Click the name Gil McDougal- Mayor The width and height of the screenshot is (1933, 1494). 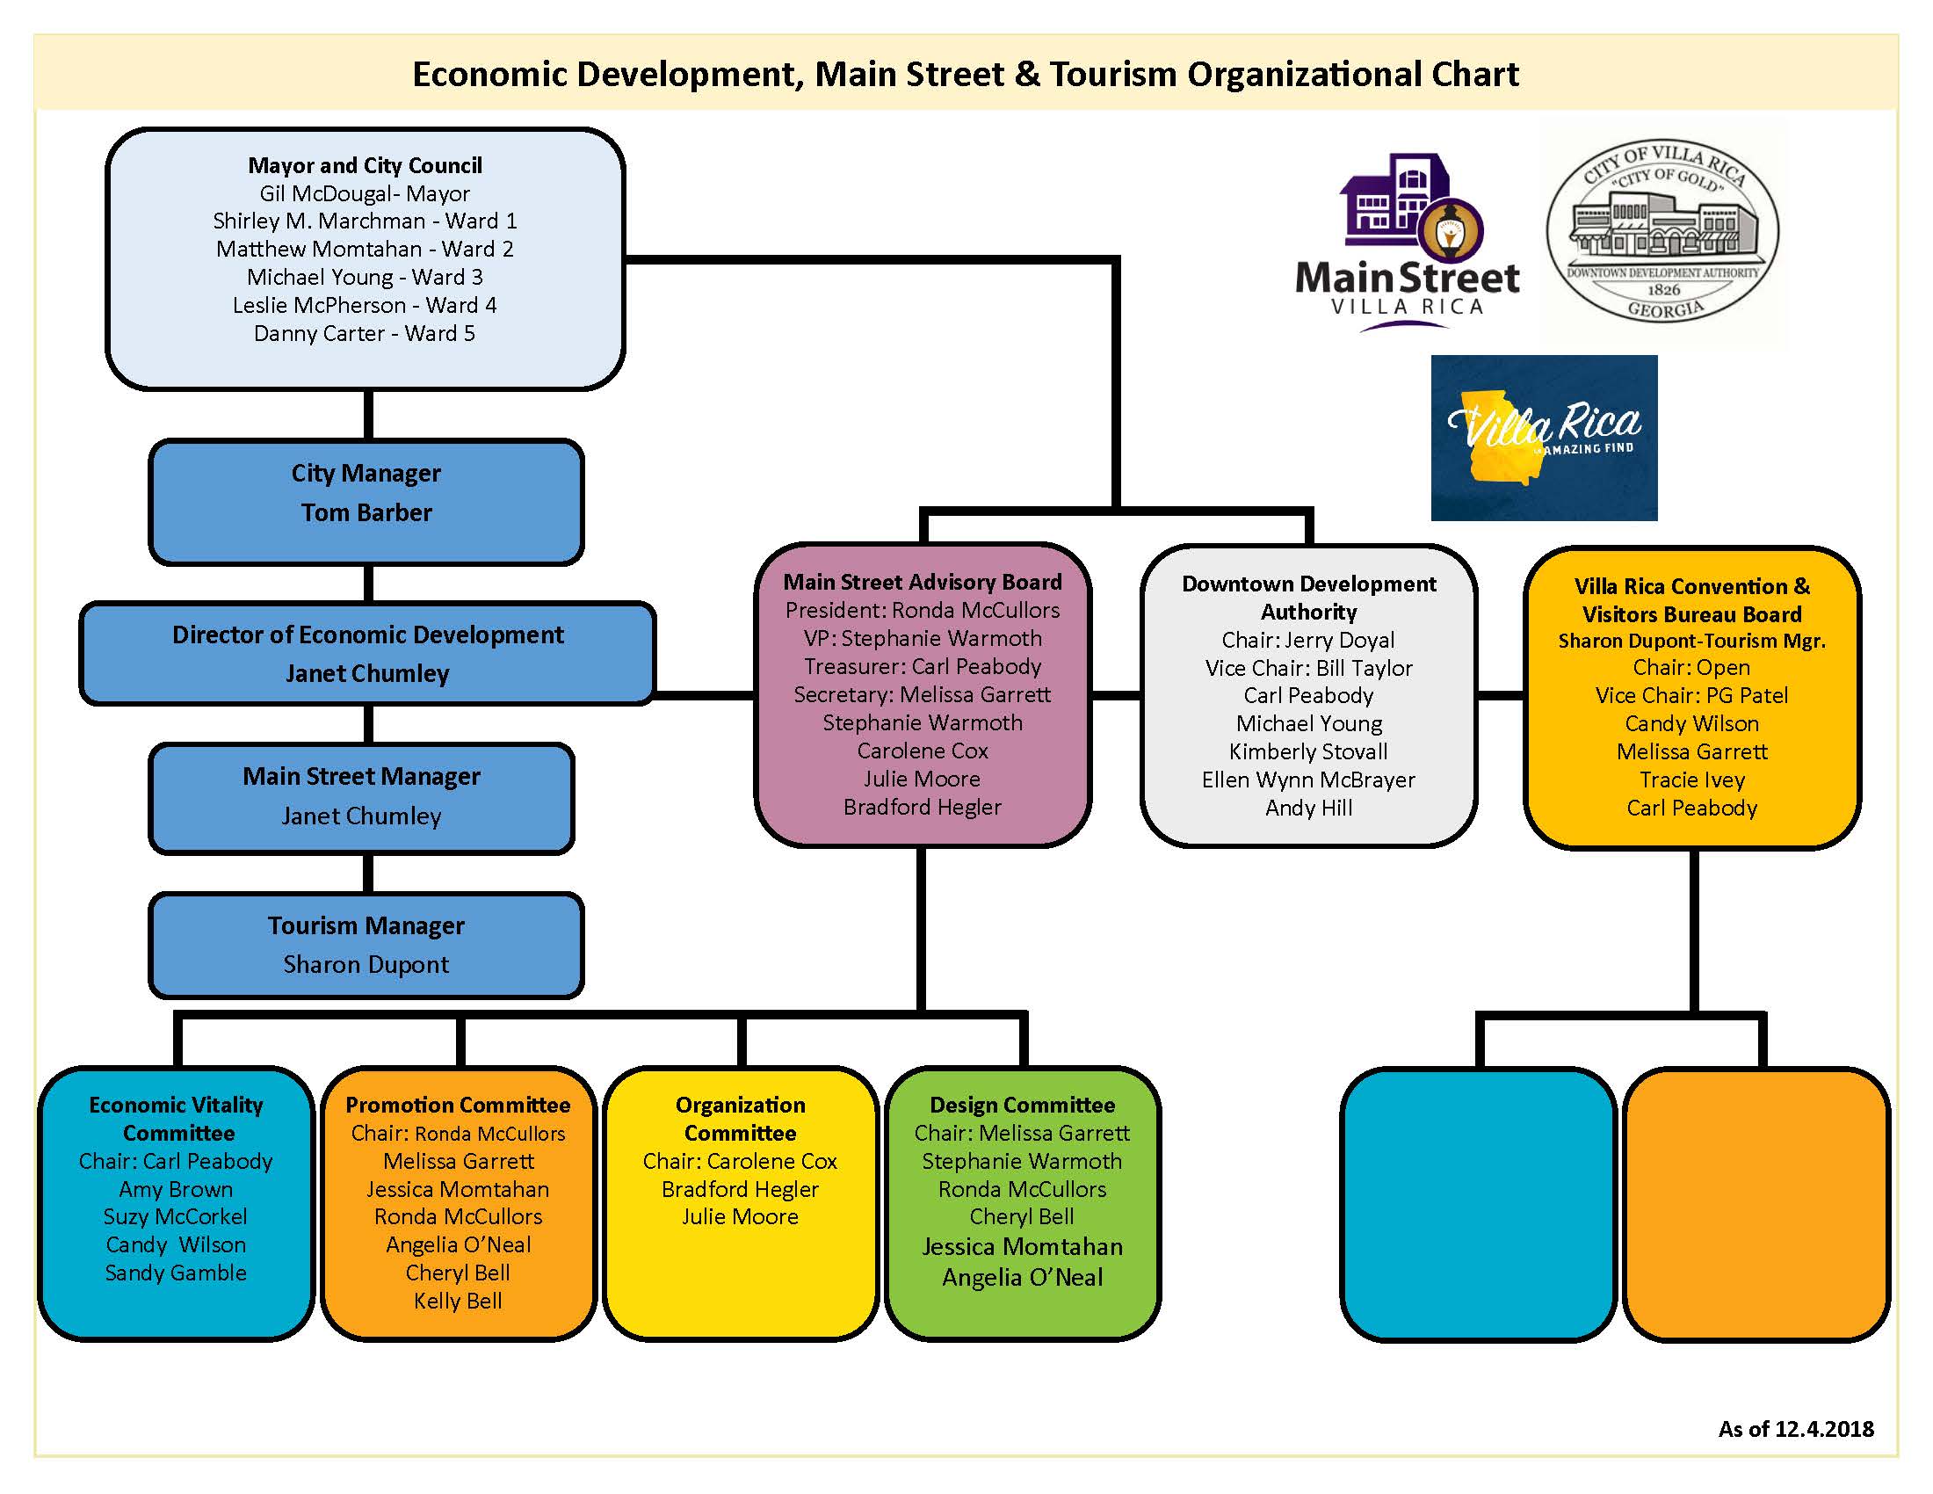(365, 193)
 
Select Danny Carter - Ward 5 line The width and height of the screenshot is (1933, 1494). (365, 334)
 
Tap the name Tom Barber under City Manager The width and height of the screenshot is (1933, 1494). (366, 512)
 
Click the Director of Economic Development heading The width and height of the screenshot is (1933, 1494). (367, 635)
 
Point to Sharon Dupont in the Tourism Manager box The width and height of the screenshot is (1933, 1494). (366, 965)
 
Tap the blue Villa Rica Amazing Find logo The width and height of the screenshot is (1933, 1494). (1544, 439)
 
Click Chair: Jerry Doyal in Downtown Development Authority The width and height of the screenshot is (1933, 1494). (1308, 640)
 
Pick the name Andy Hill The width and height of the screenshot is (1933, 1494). (1308, 808)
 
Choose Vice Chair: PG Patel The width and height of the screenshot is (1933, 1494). (1691, 696)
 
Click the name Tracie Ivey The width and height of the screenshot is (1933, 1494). (1691, 780)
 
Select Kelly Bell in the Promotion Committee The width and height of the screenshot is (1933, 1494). (458, 1301)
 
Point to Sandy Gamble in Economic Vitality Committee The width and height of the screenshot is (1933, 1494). (176, 1273)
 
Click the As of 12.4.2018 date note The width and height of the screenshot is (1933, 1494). (1796, 1429)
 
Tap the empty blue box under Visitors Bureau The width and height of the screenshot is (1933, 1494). (1478, 1204)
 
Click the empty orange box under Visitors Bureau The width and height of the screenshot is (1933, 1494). (1757, 1204)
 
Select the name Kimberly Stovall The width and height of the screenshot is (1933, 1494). (1308, 751)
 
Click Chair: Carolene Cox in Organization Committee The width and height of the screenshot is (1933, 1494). (740, 1161)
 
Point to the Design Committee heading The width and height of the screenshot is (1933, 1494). (1022, 1106)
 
